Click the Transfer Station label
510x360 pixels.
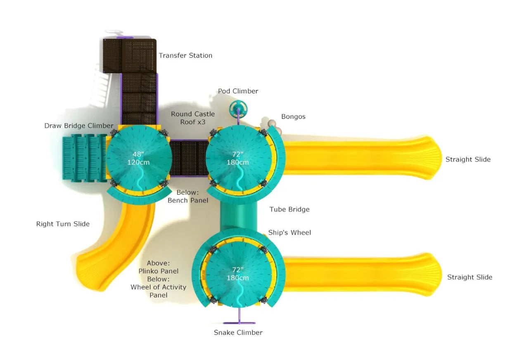pyautogui.click(x=185, y=55)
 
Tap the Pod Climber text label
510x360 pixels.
pyautogui.click(x=238, y=91)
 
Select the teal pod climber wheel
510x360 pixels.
pyautogui.click(x=239, y=109)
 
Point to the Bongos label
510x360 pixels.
pyautogui.click(x=293, y=116)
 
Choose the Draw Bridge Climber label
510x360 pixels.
pyautogui.click(x=78, y=126)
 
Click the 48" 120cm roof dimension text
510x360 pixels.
pyautogui.click(x=139, y=158)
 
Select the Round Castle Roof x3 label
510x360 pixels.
pyautogui.click(x=193, y=118)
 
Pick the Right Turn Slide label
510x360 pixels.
pyautogui.click(x=63, y=224)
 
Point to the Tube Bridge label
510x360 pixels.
pyautogui.click(x=289, y=209)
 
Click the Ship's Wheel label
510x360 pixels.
pyautogui.click(x=289, y=232)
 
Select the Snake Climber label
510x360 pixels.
pyautogui.click(x=238, y=332)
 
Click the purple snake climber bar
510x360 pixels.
pyautogui.click(x=239, y=322)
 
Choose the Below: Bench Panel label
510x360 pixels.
pyautogui.click(x=187, y=197)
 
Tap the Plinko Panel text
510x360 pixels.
pyautogui.click(x=159, y=271)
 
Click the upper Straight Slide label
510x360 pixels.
pyautogui.click(x=468, y=159)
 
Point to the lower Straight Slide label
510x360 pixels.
pyautogui.click(x=470, y=277)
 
